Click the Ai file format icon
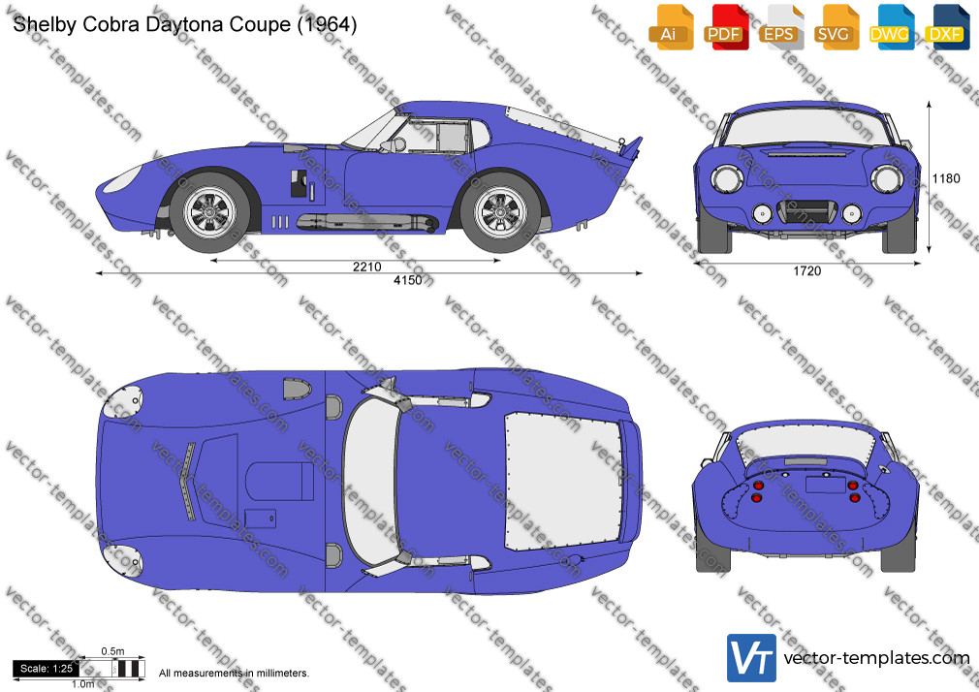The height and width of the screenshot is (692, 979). [x=671, y=27]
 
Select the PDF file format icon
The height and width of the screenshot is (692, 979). [x=726, y=27]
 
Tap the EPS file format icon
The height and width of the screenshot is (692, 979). [x=781, y=27]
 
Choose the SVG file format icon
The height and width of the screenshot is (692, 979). [x=837, y=27]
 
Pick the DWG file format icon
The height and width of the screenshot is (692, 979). [x=892, y=27]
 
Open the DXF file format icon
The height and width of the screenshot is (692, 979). [x=947, y=27]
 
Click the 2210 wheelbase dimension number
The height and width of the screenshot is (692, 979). [x=367, y=267]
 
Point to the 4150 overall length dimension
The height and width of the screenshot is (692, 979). [x=408, y=280]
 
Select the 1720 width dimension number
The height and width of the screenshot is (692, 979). [x=807, y=271]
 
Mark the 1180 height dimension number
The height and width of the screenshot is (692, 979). [x=946, y=178]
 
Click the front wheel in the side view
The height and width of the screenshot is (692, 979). [x=211, y=211]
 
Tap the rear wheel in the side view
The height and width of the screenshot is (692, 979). [x=501, y=211]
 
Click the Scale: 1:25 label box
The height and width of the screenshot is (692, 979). [x=47, y=669]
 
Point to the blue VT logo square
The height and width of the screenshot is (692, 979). [x=752, y=658]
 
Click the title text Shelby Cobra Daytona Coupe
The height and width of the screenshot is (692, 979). [x=152, y=24]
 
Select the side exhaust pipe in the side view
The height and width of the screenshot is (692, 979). [x=367, y=222]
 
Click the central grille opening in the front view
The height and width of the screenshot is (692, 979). [x=807, y=211]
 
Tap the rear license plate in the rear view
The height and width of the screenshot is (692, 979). [x=826, y=485]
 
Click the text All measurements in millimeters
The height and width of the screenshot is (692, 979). [x=234, y=674]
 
